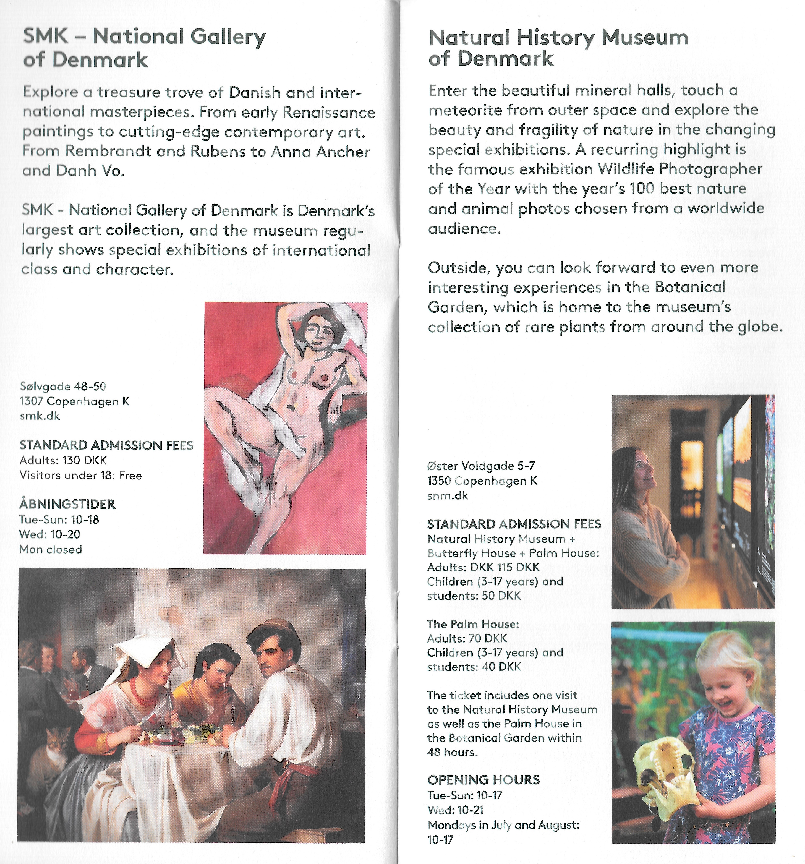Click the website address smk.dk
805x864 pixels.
(x=40, y=416)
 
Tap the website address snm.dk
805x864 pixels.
(x=448, y=495)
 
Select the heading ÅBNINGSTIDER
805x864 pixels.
(x=67, y=504)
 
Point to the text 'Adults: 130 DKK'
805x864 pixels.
(x=63, y=460)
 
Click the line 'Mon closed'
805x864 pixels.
(x=50, y=549)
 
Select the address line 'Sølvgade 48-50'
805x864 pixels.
(x=63, y=386)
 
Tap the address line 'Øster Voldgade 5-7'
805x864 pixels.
(x=481, y=466)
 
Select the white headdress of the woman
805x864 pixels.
(x=143, y=652)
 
